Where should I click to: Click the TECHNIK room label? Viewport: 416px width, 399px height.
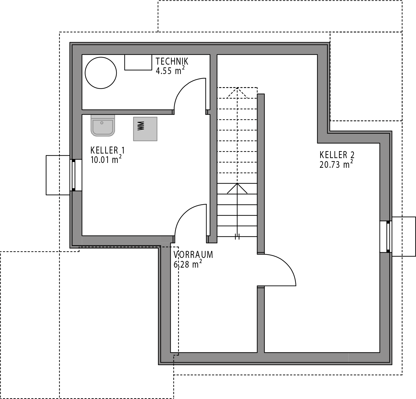tap(172, 61)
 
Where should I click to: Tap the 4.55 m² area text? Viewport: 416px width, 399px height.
tap(170, 70)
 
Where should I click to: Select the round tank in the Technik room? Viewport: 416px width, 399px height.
tap(101, 73)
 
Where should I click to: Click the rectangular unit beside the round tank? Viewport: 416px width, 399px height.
tap(138, 62)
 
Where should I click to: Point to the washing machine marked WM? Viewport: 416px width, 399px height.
tap(145, 129)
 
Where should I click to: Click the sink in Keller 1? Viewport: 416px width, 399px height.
tap(102, 126)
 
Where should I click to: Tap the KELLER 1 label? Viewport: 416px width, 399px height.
tap(108, 150)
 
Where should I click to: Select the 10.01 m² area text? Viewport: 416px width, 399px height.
tap(106, 160)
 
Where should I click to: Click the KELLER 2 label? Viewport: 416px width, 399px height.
tap(337, 155)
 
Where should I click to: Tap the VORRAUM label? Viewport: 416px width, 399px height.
tap(193, 255)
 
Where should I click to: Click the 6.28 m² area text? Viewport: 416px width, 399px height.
tap(188, 264)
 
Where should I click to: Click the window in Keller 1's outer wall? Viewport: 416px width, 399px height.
tap(73, 175)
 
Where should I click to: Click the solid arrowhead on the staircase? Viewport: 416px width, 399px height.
tap(237, 188)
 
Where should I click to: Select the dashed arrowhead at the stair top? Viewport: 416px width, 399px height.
tap(237, 93)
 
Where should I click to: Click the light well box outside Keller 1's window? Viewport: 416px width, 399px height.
tap(58, 175)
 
